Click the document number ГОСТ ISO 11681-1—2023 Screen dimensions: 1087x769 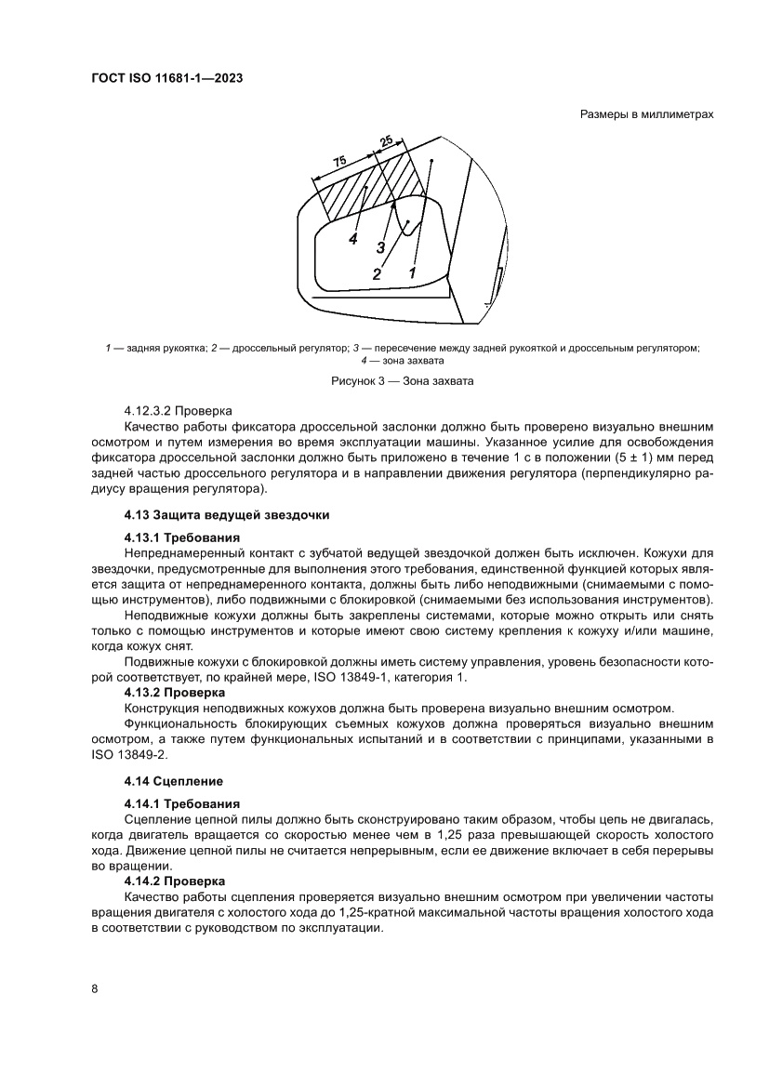click(x=167, y=80)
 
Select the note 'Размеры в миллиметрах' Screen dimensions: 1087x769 click(x=646, y=115)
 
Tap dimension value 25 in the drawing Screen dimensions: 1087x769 click(x=386, y=141)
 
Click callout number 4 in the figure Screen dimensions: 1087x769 click(x=353, y=239)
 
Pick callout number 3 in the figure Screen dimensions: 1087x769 click(x=381, y=247)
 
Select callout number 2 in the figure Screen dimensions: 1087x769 click(x=377, y=274)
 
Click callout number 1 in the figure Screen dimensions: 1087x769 click(x=412, y=272)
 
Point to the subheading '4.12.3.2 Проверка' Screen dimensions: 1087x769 click(x=179, y=410)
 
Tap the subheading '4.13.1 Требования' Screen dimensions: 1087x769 click(x=182, y=537)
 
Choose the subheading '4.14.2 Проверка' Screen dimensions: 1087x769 click(x=175, y=881)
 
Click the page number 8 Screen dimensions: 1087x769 click(x=95, y=988)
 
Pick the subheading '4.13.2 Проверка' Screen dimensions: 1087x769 click(x=175, y=693)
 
